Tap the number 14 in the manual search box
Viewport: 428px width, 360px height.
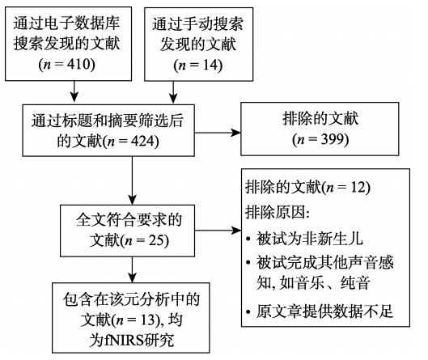[209, 66]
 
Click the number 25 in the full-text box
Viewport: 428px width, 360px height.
[155, 240]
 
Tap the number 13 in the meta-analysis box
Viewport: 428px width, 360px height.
[148, 320]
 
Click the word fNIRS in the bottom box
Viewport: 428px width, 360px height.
[125, 340]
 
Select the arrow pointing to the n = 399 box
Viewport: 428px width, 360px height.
[218, 133]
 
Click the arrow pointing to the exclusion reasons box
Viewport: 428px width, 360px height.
[218, 231]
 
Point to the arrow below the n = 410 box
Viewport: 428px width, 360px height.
[74, 91]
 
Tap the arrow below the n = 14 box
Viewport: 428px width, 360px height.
[173, 92]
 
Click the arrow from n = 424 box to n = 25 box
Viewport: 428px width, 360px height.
[132, 180]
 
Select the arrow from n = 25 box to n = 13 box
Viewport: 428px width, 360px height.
[132, 270]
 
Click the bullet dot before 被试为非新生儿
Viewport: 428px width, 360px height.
[248, 239]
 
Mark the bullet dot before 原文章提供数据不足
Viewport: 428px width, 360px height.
[248, 311]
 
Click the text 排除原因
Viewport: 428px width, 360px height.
[275, 212]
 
